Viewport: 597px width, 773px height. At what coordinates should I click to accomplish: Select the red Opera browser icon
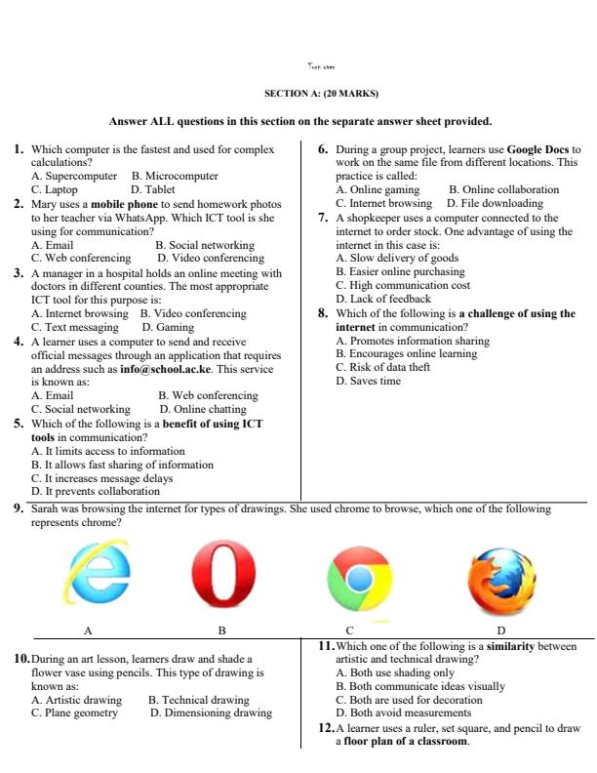221,576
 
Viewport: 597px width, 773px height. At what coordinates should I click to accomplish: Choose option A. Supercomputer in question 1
74,176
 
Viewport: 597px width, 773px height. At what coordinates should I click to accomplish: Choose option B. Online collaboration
503,189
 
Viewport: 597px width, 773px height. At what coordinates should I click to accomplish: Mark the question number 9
19,509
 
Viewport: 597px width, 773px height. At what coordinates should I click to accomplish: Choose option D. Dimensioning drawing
211,713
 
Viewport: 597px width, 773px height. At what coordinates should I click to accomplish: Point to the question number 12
326,728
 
